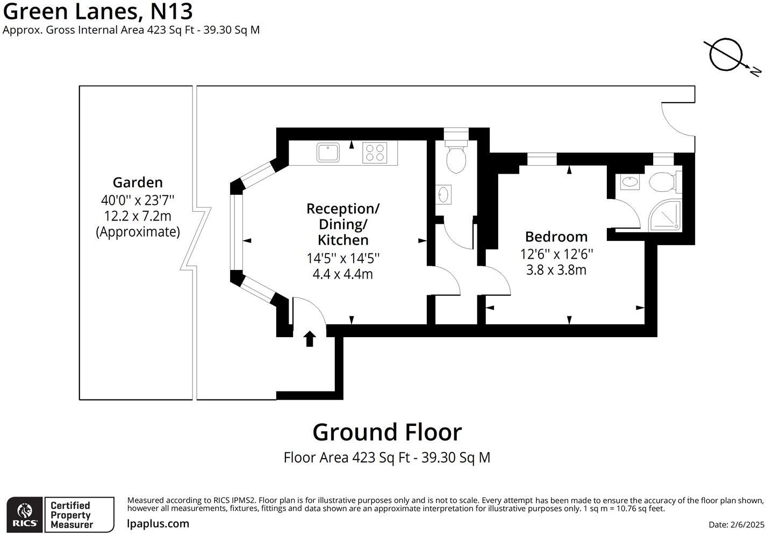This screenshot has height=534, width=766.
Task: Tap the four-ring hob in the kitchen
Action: tap(375, 152)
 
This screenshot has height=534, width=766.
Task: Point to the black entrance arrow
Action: tap(310, 339)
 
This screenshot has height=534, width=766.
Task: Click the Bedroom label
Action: tap(556, 237)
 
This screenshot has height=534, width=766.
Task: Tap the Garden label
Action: tap(138, 182)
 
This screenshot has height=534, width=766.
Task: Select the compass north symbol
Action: tap(726, 55)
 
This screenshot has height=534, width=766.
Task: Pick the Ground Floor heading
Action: tap(387, 432)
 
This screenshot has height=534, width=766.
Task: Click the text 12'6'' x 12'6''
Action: tap(556, 253)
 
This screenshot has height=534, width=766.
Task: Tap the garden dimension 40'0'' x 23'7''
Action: tap(138, 201)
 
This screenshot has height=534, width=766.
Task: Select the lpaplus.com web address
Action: tap(158, 523)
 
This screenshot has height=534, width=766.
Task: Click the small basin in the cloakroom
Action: tap(443, 195)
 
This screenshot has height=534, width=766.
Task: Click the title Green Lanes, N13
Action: tap(97, 11)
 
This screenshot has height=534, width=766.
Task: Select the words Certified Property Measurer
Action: tap(70, 515)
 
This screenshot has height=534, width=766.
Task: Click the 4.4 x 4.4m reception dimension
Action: tap(342, 274)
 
